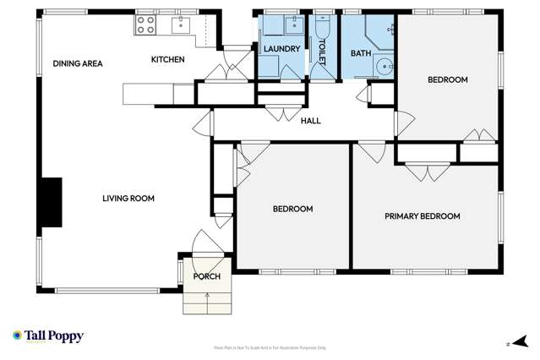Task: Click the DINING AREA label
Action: tap(78, 63)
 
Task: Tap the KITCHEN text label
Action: tap(167, 59)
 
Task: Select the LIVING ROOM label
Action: tap(128, 199)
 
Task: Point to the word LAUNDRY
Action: tap(281, 49)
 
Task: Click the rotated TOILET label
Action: tap(322, 48)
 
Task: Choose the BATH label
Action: tap(361, 54)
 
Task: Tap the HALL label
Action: tap(311, 121)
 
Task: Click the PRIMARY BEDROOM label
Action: tap(422, 216)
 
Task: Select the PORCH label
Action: tap(206, 276)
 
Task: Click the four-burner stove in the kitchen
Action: tap(145, 25)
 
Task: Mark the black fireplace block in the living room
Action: tap(52, 202)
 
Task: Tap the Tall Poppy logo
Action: tap(48, 336)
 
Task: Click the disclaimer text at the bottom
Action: tap(270, 347)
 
